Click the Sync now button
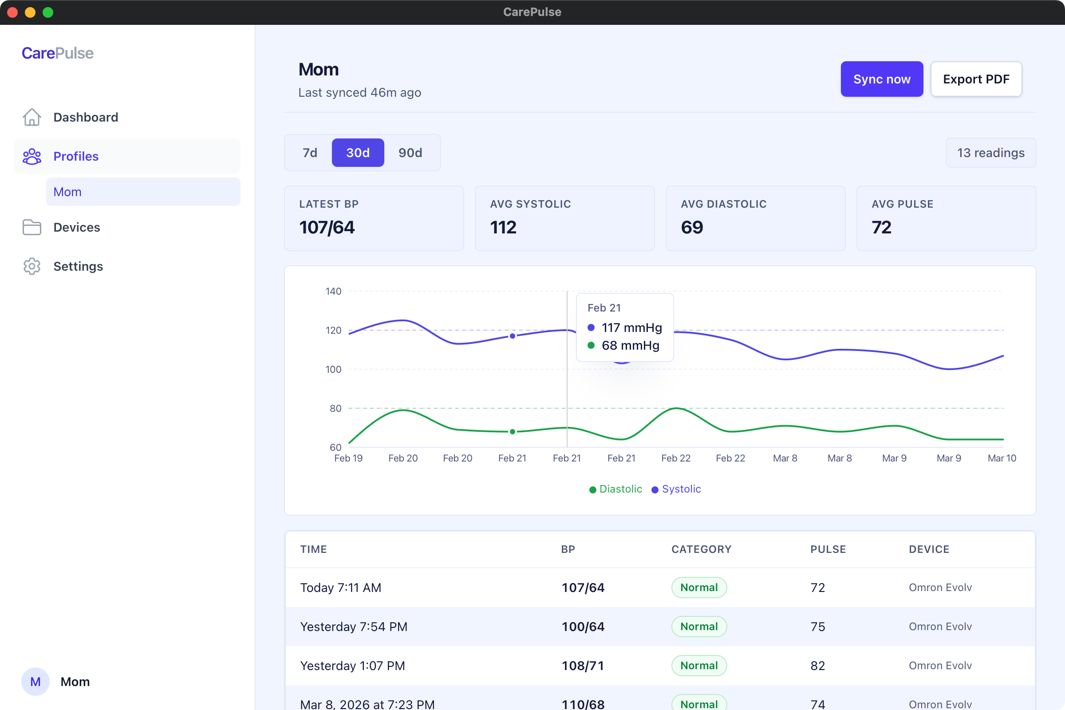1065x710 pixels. [x=881, y=79]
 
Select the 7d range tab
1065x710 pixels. [x=310, y=153]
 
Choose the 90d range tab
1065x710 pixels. [x=410, y=153]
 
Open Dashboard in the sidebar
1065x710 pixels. [x=85, y=117]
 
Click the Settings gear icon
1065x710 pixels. [x=32, y=266]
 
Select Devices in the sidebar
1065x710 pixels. [x=76, y=227]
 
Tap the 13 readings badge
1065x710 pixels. [x=990, y=153]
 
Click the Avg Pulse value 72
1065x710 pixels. [x=881, y=227]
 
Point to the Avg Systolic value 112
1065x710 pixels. [x=503, y=227]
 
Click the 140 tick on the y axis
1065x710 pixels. [x=333, y=291]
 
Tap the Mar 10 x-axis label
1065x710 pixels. [x=1002, y=458]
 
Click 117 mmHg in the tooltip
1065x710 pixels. [x=631, y=327]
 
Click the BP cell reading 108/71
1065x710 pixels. [x=583, y=666]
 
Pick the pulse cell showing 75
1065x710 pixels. [x=817, y=627]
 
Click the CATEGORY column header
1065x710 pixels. [x=701, y=549]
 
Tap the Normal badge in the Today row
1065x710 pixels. [x=698, y=587]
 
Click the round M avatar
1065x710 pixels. [x=35, y=682]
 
